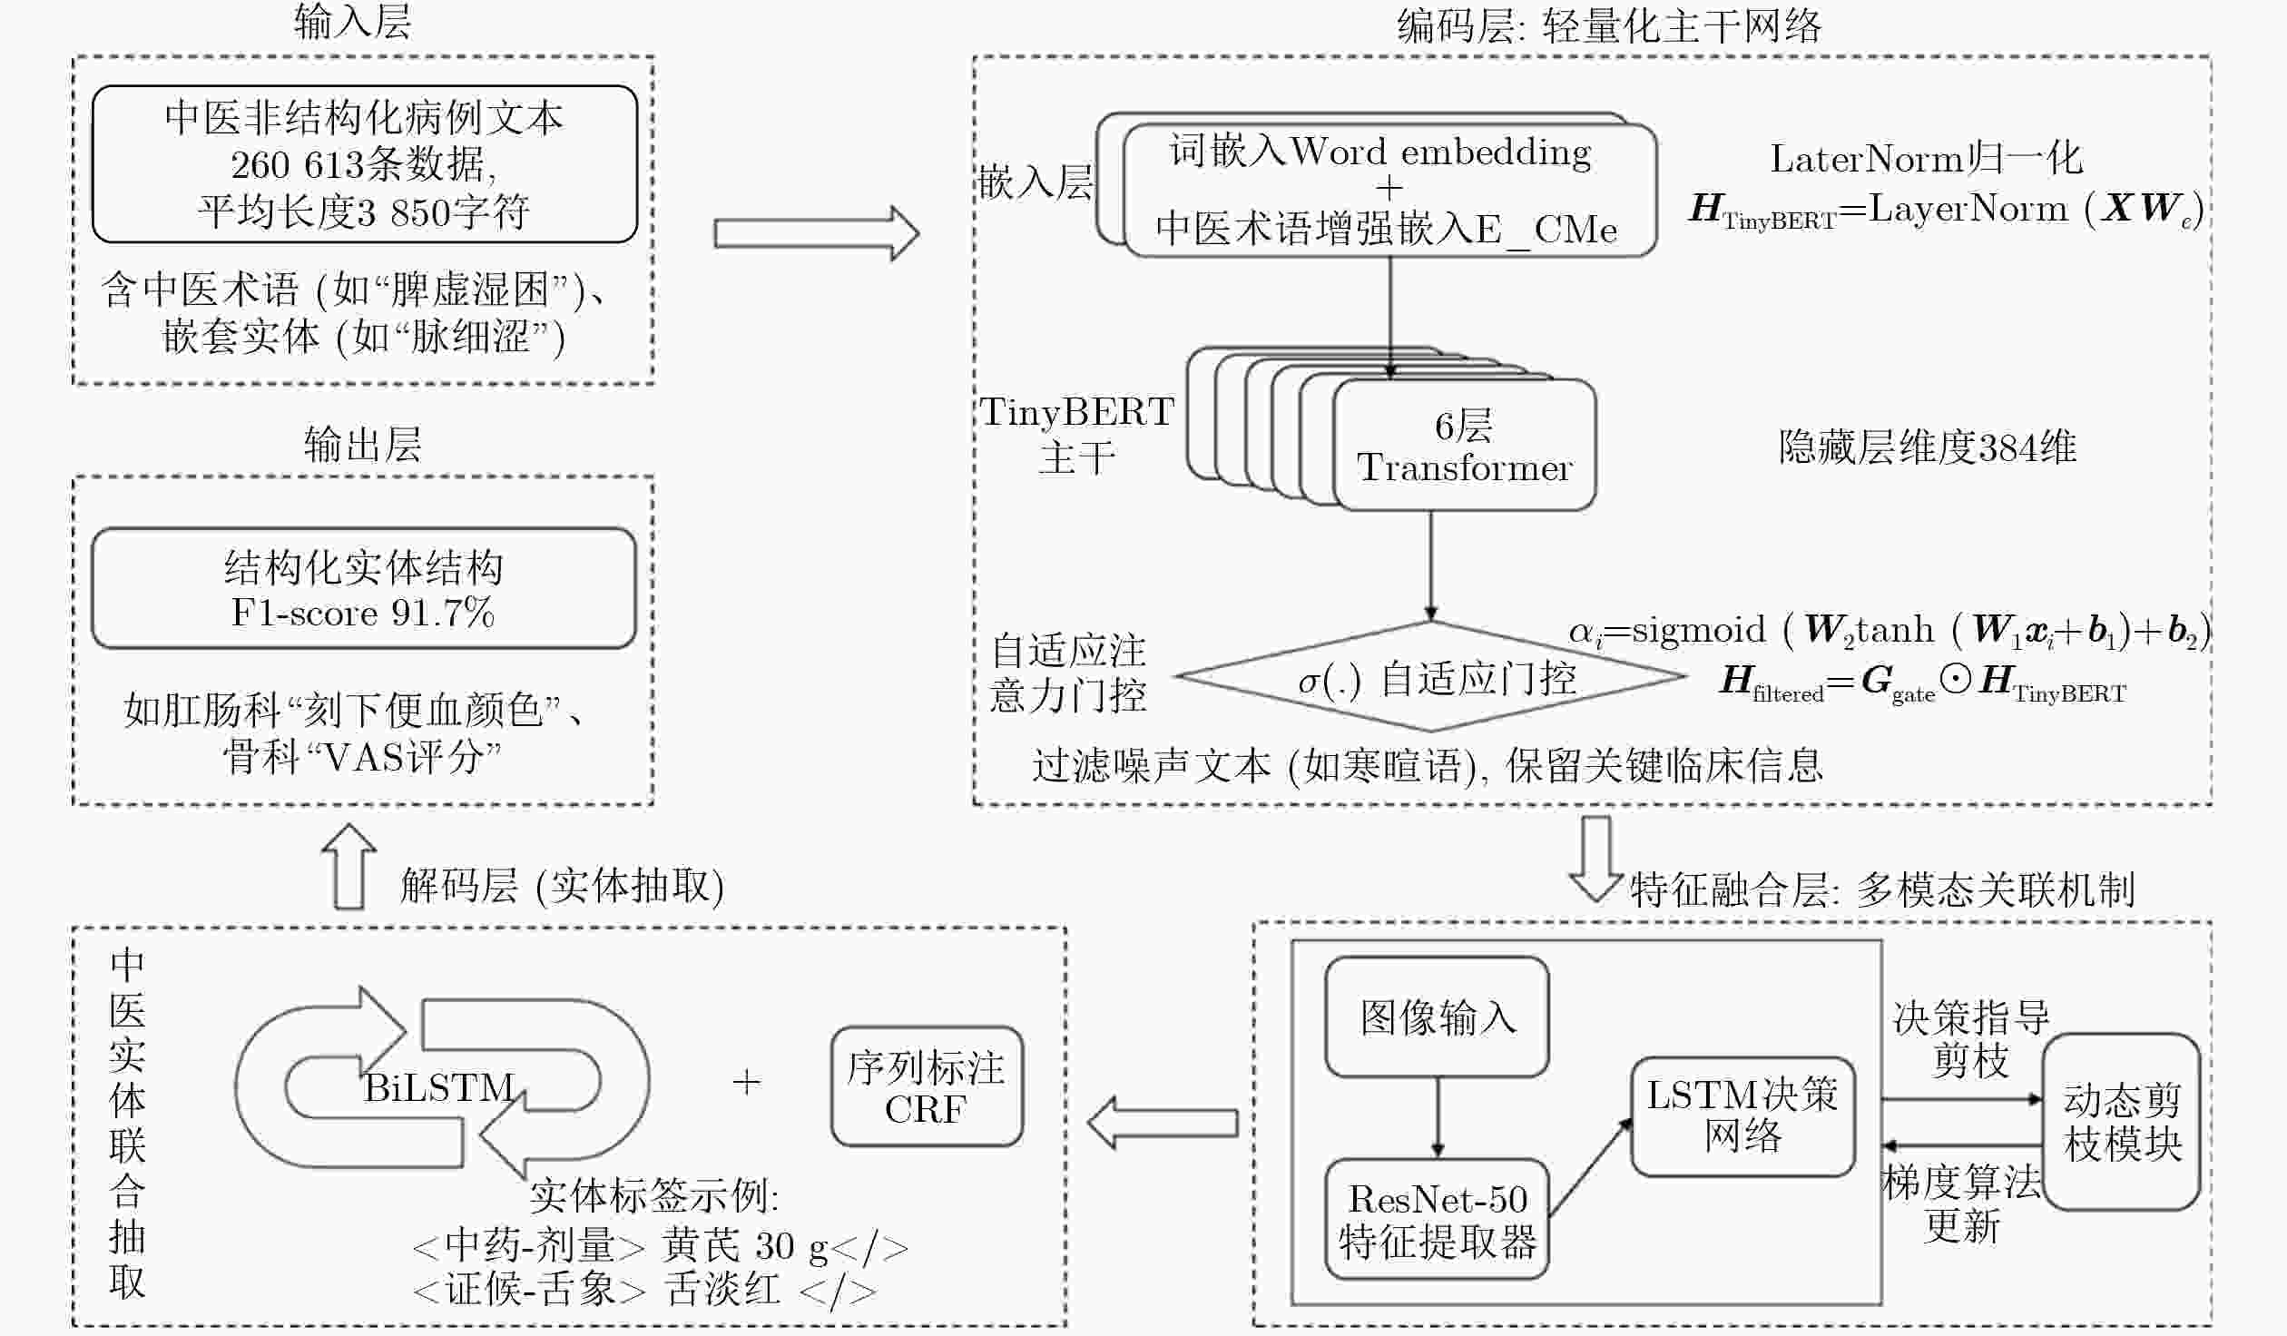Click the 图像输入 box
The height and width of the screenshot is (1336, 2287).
tap(1437, 1017)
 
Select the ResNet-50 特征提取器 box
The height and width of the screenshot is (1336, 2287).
tap(1437, 1219)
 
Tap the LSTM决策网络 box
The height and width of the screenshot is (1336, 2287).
tap(1742, 1116)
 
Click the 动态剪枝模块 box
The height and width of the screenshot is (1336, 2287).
tap(2122, 1122)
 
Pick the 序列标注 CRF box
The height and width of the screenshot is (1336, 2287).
tap(927, 1086)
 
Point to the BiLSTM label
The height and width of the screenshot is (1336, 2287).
tap(439, 1087)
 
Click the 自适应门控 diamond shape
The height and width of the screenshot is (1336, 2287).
tap(1430, 676)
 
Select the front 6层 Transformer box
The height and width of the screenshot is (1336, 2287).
tap(1464, 445)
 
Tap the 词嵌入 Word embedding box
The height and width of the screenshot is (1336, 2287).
tap(1389, 190)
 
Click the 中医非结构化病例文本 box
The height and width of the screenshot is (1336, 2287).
tap(365, 164)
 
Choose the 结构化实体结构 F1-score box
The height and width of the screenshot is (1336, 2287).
tap(364, 588)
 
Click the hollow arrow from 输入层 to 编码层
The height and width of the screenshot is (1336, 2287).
tap(817, 233)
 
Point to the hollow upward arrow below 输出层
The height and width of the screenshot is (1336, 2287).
tap(349, 867)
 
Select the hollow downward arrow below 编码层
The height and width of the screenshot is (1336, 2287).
tap(1596, 859)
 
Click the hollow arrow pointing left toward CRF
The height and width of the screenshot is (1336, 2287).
tap(1163, 1123)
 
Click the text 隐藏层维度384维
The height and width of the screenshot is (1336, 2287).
tap(1927, 447)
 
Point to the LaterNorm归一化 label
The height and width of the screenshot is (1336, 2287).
tap(1926, 159)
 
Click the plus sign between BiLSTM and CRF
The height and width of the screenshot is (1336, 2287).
tap(746, 1082)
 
